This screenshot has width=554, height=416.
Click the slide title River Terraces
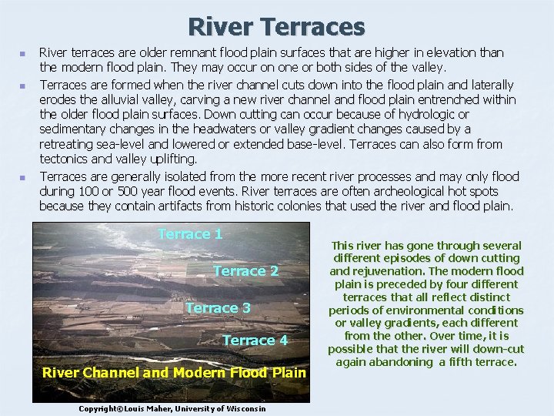pyautogui.click(x=277, y=27)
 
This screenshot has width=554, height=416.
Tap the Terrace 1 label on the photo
pyautogui.click(x=190, y=234)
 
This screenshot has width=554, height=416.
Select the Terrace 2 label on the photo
pyautogui.click(x=245, y=271)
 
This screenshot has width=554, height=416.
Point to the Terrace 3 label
pyautogui.click(x=218, y=308)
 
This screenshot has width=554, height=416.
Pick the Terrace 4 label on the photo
pyautogui.click(x=255, y=341)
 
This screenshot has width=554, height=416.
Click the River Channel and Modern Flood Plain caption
pyautogui.click(x=174, y=373)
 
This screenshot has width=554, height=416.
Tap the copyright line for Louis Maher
pyautogui.click(x=172, y=408)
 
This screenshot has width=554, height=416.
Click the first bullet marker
pyautogui.click(x=22, y=54)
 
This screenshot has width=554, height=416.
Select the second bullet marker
pyautogui.click(x=22, y=85)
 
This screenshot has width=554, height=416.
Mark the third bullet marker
pyautogui.click(x=22, y=177)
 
